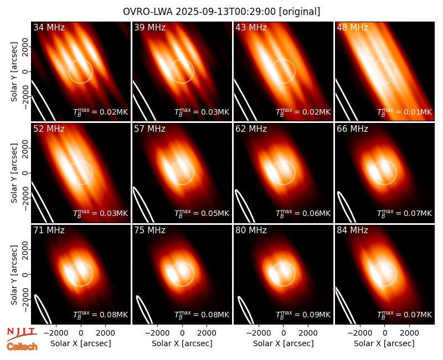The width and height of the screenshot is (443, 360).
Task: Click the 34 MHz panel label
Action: [49, 27]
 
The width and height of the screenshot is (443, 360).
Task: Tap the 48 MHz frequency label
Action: [352, 27]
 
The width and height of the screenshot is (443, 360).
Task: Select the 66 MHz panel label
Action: [352, 129]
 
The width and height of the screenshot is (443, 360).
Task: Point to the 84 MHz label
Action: [352, 230]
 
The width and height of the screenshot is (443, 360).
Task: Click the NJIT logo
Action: [22, 334]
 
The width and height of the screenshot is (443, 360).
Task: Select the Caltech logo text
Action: [22, 347]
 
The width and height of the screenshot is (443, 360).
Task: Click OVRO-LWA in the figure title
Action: [148, 12]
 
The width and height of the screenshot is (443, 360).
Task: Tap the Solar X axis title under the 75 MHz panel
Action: [182, 343]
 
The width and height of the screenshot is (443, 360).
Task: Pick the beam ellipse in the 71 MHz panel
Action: [43, 308]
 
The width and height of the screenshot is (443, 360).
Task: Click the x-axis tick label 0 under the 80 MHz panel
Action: [284, 333]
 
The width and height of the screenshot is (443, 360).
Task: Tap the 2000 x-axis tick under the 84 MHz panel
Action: [409, 333]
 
